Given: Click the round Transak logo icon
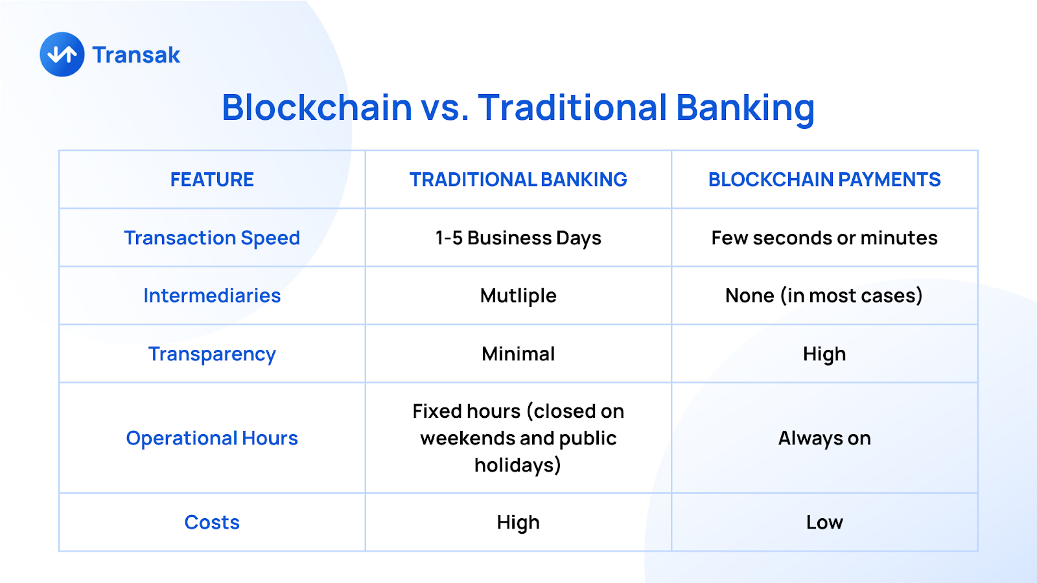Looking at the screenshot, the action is pos(62,54).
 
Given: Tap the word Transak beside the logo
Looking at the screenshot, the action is pos(136,54).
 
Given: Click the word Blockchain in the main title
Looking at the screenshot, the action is pos(317,108).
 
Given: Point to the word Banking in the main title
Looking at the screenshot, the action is pos(745,109).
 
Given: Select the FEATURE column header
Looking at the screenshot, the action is pos(212,179).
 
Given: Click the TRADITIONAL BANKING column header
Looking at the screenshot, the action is pos(518,179).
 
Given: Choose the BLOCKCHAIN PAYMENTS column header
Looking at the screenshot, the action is pos(824,179).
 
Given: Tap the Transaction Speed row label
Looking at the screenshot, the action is pos(212,238).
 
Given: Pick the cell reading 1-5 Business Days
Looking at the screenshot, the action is pos(518,238).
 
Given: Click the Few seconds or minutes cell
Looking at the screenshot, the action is pos(824,237).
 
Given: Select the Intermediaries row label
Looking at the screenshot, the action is pos(212,295).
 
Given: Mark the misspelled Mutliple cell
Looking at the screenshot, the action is pos(518,295).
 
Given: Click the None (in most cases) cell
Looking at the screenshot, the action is pos(824,295).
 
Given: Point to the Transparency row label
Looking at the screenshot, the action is pos(212,354).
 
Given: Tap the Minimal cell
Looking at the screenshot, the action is pos(518,354).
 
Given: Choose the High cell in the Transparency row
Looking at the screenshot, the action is pos(824,354).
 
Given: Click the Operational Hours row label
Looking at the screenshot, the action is pos(212,438).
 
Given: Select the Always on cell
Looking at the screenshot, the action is pos(824,438).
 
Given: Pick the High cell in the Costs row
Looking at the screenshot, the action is pos(518,522).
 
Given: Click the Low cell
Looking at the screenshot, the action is pos(824,522).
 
